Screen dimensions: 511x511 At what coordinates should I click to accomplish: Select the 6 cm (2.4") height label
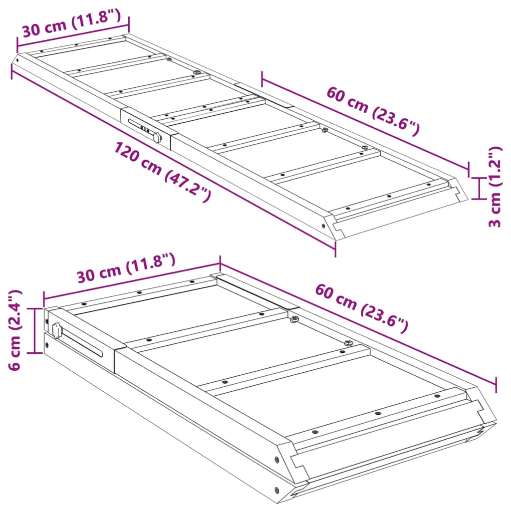[15, 330]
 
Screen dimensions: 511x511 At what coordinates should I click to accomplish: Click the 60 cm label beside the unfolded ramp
[372, 111]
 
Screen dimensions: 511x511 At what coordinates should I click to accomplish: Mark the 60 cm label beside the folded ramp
[361, 308]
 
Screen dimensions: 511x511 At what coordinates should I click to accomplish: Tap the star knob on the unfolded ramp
[157, 137]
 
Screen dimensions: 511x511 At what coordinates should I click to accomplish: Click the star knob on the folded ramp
[56, 330]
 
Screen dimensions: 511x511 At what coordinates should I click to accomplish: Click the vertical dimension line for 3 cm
[479, 188]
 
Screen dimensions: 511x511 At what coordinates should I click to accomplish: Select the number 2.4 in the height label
[15, 305]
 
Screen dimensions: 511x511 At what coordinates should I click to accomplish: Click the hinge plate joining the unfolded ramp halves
[263, 95]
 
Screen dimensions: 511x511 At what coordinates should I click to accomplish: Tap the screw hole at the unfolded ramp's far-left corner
[18, 59]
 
